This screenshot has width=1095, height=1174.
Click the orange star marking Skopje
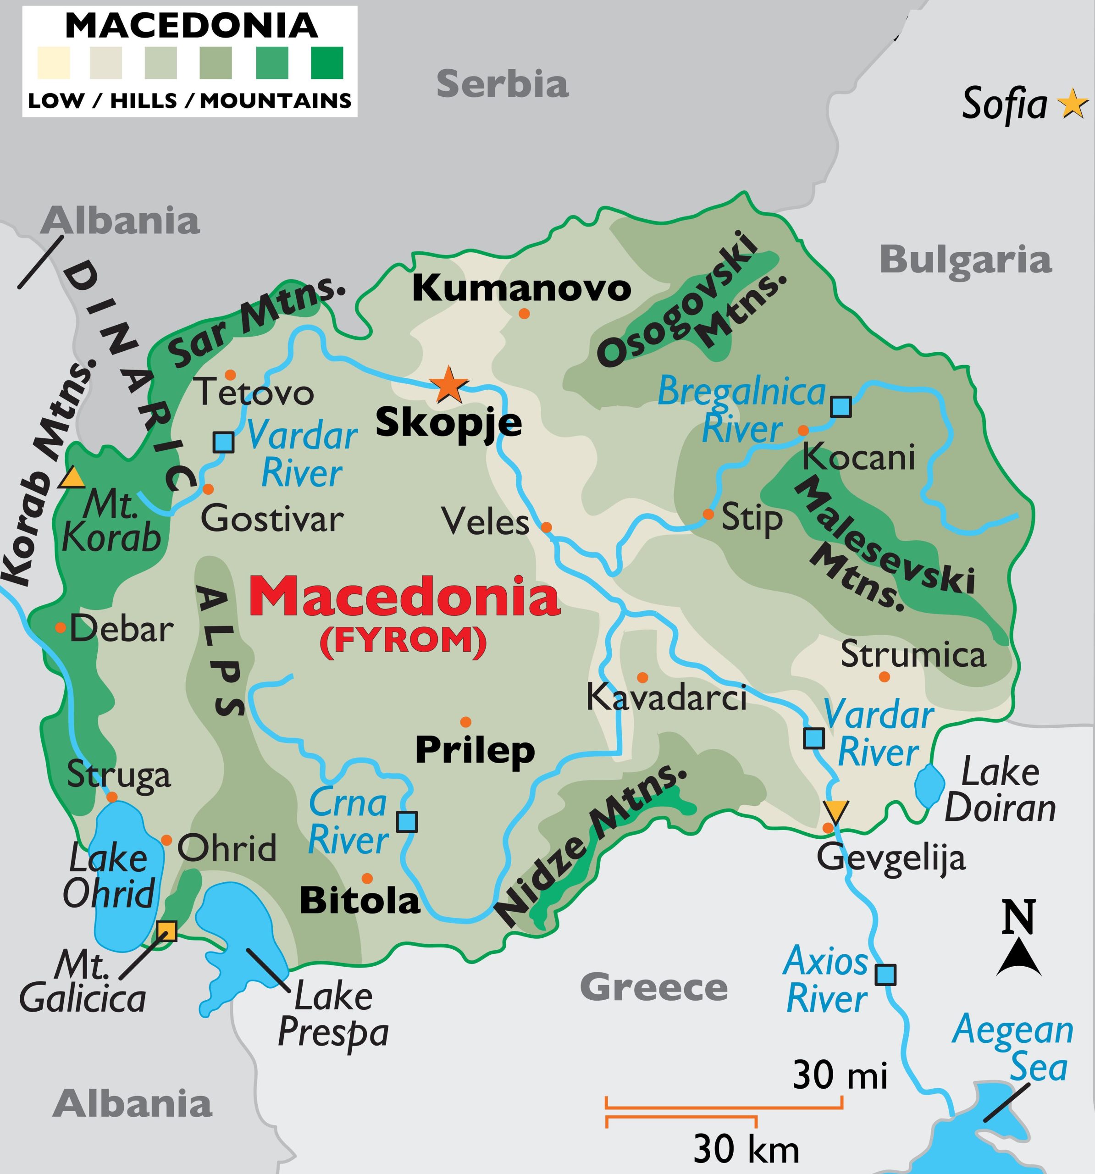pos(448,385)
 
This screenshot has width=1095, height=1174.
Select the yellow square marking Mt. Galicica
pos(166,931)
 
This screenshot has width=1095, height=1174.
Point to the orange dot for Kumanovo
pos(524,314)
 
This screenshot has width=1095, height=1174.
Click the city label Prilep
pos(475,750)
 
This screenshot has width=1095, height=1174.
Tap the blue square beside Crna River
pos(406,821)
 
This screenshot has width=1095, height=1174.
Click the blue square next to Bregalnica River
pos(841,407)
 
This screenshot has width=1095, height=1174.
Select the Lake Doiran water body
pos(929,786)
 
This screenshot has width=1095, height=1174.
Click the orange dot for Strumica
pos(884,677)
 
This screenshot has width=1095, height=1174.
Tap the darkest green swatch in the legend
pos(326,62)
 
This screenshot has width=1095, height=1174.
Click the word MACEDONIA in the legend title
pos(191,25)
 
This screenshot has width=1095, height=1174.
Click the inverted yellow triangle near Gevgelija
pos(837,810)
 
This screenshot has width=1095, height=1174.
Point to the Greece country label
pos(653,987)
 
